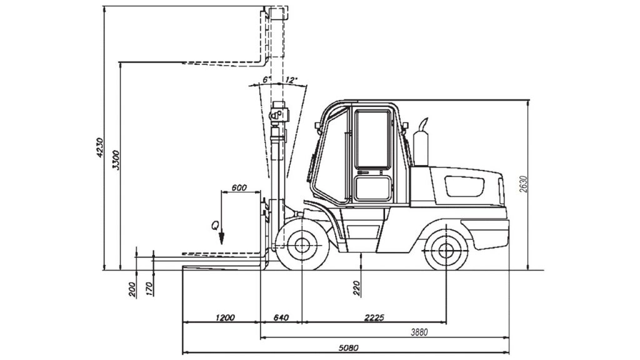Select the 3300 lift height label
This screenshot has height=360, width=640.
116,161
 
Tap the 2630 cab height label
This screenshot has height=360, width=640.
524,184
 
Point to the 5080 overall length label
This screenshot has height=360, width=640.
348,347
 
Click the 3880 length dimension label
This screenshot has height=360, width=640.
419,332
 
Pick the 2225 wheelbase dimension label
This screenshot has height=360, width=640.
374,317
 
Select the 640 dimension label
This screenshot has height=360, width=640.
281,317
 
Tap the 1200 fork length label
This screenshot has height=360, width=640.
225,317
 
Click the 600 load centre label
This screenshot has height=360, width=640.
239,187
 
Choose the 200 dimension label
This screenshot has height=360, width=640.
132,290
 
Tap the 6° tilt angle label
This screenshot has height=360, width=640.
266,79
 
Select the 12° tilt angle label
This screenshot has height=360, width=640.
291,79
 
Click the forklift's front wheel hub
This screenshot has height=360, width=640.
302,245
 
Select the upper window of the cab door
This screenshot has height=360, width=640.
372,139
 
